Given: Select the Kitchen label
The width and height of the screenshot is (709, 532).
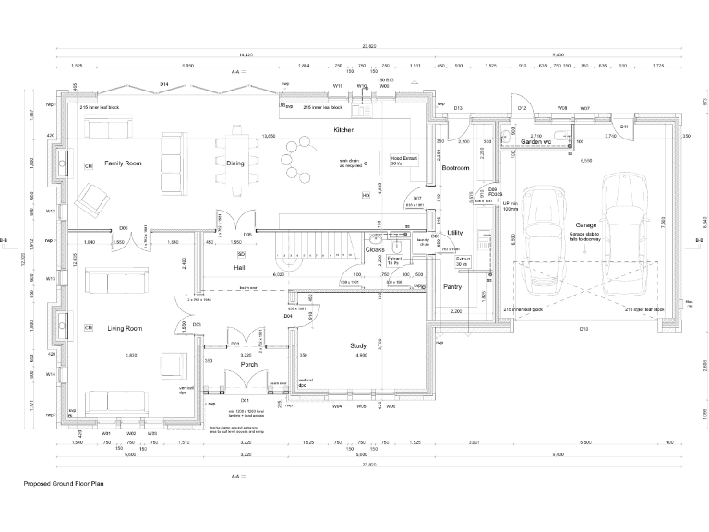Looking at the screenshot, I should (x=344, y=131).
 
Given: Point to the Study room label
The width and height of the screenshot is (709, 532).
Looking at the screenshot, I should (x=358, y=346).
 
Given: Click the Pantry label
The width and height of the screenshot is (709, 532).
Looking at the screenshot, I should (x=451, y=287).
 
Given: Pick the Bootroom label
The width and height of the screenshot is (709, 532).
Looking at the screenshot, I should (x=456, y=169).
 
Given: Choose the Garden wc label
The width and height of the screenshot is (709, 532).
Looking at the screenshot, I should (x=535, y=142).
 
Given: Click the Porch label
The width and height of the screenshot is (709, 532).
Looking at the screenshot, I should (x=248, y=364).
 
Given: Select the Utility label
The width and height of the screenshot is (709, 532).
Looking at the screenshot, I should (x=454, y=233).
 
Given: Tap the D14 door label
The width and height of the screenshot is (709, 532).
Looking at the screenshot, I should (x=164, y=84).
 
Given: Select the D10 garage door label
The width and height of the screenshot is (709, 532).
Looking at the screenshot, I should (x=583, y=328).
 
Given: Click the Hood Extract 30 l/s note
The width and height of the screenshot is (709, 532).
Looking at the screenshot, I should (x=404, y=161).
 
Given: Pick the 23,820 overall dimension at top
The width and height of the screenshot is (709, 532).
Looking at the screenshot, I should (x=369, y=46).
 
